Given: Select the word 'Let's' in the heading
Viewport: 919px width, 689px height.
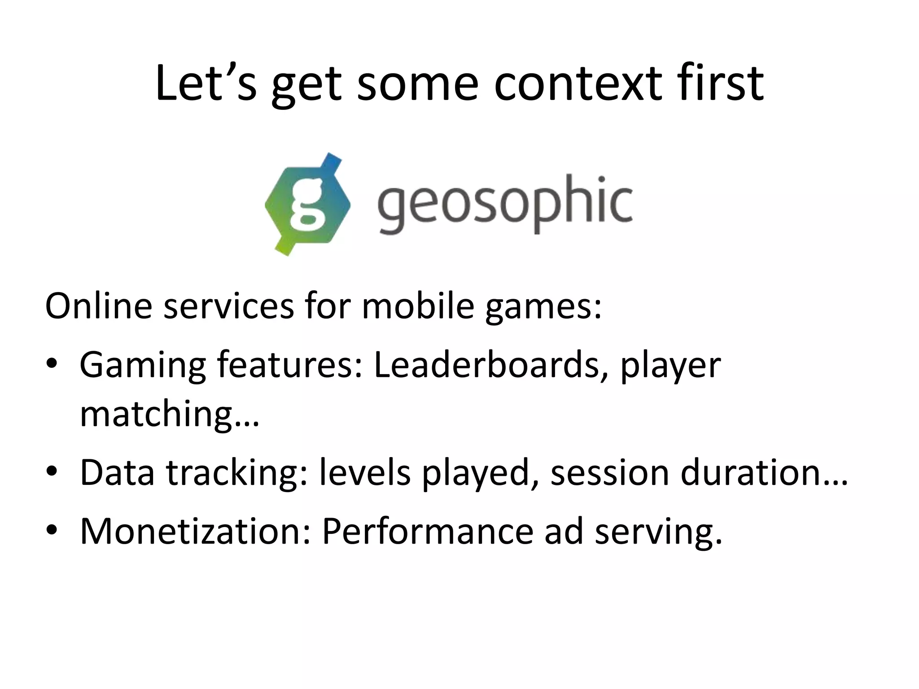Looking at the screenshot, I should click(206, 84).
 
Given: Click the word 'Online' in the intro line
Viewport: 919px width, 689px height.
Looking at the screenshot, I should click(99, 306).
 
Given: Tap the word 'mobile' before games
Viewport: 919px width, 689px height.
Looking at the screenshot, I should click(418, 306).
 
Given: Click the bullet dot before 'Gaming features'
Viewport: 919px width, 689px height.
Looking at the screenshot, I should click(53, 364).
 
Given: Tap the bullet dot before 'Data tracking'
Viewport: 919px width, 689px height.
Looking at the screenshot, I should click(53, 471).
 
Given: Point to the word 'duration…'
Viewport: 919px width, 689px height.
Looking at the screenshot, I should click(764, 472).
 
